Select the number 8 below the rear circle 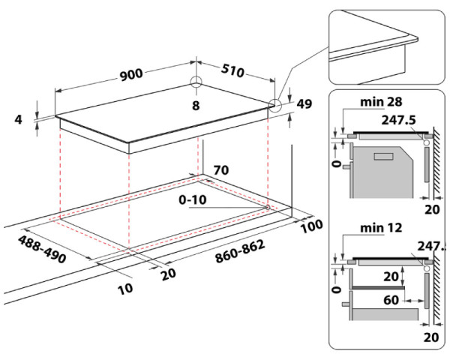click(196, 105)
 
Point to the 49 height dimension click(304, 104)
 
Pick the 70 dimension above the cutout click(221, 170)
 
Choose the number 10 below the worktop click(126, 288)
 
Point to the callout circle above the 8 click(196, 82)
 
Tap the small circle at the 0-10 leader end click(268, 205)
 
